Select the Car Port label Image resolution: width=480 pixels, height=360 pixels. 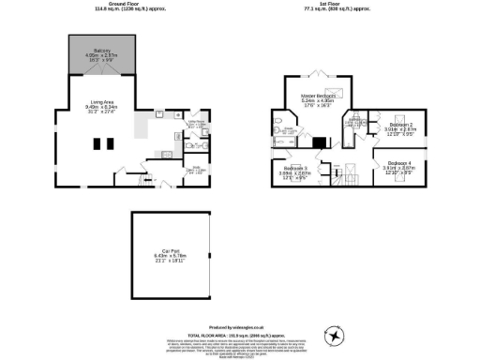pos(171,250)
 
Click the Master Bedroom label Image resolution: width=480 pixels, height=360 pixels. pos(319,96)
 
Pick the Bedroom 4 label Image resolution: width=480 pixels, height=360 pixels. pos(400,163)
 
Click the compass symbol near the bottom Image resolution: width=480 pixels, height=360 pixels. pos(335,335)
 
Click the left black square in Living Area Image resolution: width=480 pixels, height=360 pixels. pos(97,143)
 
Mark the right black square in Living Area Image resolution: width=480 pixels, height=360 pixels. pos(110,143)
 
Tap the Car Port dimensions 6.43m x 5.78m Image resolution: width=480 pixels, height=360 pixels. pos(171,256)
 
